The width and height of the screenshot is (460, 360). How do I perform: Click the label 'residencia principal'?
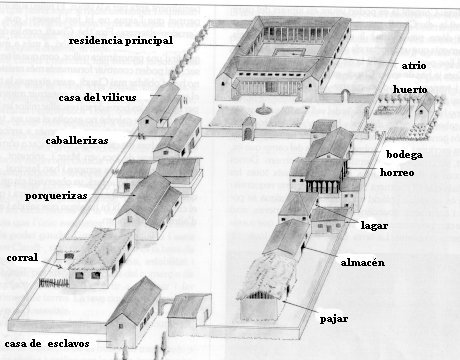pyautogui.click(x=121, y=41)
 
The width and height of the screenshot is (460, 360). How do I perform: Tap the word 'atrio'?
pyautogui.click(x=414, y=65)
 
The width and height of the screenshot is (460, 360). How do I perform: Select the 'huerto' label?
pyautogui.click(x=410, y=90)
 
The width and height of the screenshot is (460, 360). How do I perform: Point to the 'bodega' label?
pyautogui.click(x=404, y=154)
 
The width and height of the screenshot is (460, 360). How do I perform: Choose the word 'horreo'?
pyautogui.click(x=397, y=172)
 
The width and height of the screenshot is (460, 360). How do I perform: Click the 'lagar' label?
pyautogui.click(x=374, y=226)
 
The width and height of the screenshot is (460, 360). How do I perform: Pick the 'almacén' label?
pyautogui.click(x=363, y=262)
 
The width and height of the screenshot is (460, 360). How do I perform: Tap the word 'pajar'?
pyautogui.click(x=334, y=319)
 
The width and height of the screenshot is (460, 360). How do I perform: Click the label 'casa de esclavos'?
pyautogui.click(x=47, y=344)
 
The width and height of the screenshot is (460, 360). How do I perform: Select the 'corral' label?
pyautogui.click(x=22, y=257)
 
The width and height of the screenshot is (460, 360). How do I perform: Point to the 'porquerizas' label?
pyautogui.click(x=56, y=196)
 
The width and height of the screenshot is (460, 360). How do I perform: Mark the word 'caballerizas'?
pyautogui.click(x=77, y=141)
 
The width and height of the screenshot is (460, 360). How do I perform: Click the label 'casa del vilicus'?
pyautogui.click(x=97, y=97)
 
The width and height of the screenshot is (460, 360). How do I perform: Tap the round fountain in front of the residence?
pyautogui.click(x=264, y=108)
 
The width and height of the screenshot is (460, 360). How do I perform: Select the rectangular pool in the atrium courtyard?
pyautogui.click(x=289, y=52)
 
